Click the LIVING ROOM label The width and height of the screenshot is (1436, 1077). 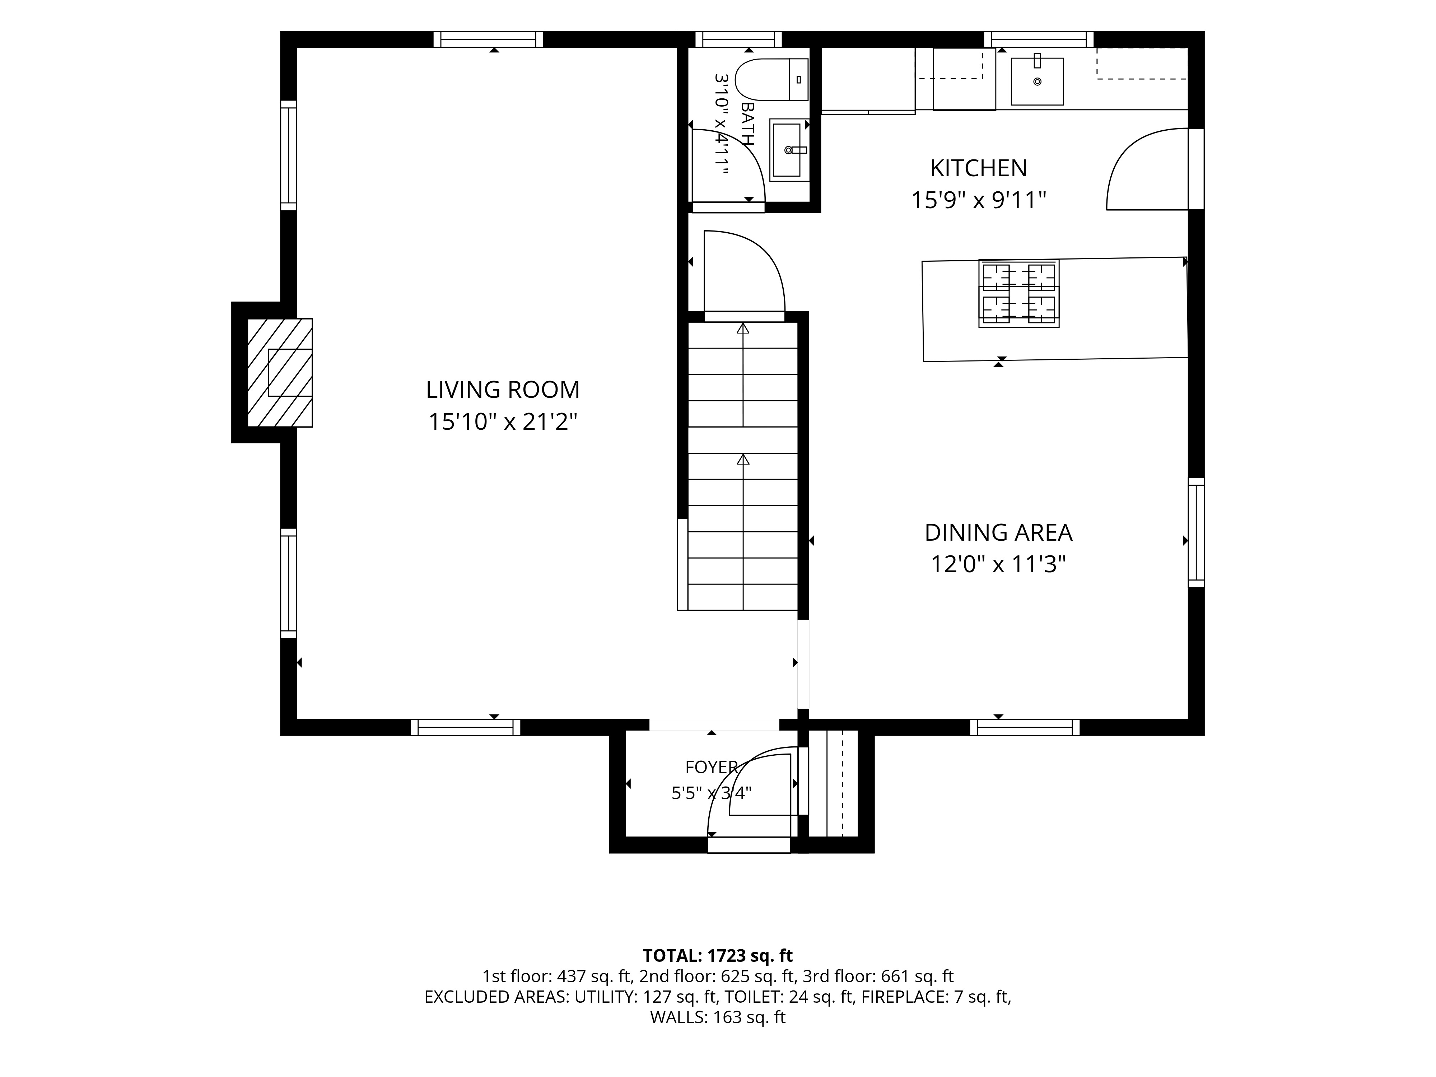pos(503,390)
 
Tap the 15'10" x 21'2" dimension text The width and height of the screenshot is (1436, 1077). pos(503,422)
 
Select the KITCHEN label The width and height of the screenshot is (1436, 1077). pos(978,168)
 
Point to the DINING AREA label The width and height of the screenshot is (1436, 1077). pos(998,532)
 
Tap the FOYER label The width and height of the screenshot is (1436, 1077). pos(712,767)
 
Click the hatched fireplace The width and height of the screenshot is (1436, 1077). pos(280,373)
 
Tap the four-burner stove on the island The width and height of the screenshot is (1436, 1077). pos(1018,293)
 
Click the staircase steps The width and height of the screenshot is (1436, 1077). pos(743,466)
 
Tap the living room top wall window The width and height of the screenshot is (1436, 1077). pos(488,39)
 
